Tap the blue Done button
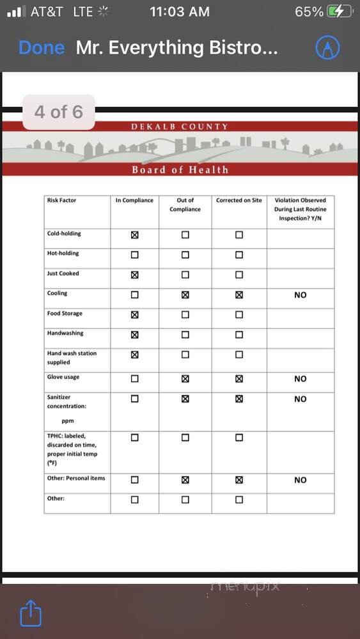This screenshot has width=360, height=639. pos(42,48)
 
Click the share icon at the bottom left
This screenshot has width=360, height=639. pos(31,614)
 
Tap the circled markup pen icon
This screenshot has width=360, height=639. pos(328,48)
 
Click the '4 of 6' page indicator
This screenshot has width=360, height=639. pos(59,112)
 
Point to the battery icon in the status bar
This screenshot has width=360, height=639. pos(339,12)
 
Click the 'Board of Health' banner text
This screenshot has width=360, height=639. pos(180,169)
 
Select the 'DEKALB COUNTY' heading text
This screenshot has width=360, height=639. pos(180,127)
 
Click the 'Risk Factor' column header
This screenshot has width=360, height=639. pos(61,201)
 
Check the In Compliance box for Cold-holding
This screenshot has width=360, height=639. pos(134,235)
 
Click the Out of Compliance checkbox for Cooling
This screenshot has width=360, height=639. pos(185,295)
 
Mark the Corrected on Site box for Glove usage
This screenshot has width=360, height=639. pos(239,378)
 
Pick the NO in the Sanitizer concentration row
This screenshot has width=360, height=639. pos(301,399)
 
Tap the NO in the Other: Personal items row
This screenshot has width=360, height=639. pos(301,480)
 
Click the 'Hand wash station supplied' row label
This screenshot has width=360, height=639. pos(72,358)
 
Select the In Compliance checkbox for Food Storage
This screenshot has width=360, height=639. pos(134,314)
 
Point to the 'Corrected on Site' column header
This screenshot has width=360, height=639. pos(239,201)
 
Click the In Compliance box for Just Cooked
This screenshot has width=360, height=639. pos(134,275)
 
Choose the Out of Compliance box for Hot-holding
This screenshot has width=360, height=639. pos(185,254)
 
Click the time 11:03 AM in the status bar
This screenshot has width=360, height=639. pos(180,12)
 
